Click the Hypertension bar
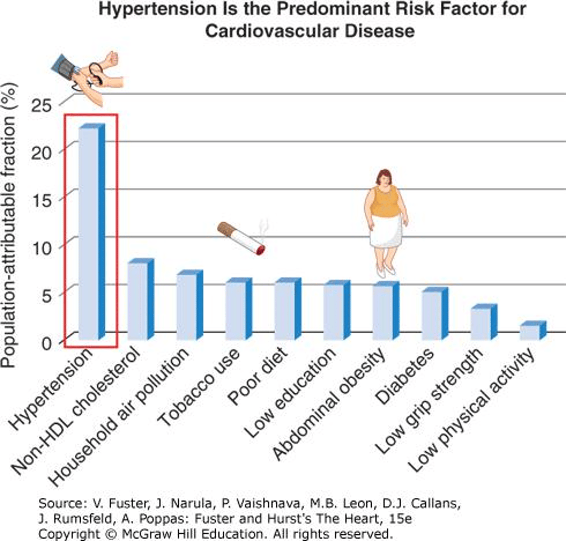coord(91,232)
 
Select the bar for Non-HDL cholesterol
coord(141,300)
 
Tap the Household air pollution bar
coord(189,306)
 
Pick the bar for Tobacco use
coord(238,310)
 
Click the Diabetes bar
coord(434,314)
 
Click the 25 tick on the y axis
coord(42,105)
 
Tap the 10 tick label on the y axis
coord(42,247)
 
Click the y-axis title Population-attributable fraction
coord(10,225)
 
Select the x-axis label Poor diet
coord(258,376)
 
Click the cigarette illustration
coord(241,238)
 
